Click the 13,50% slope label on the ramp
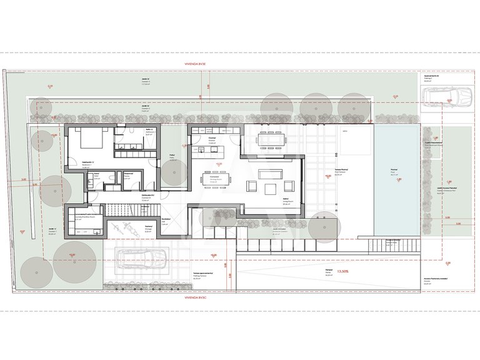(343, 272)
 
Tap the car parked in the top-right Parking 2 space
(446, 97)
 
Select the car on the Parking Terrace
(142, 259)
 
